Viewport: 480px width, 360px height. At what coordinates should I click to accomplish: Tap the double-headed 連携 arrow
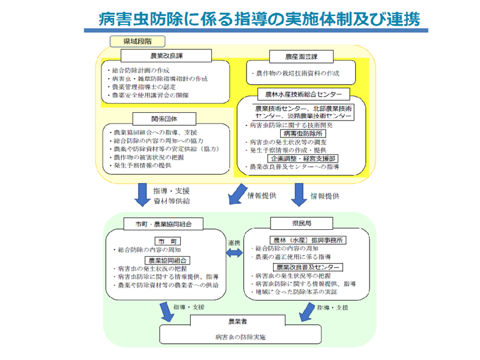[x=234, y=254]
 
